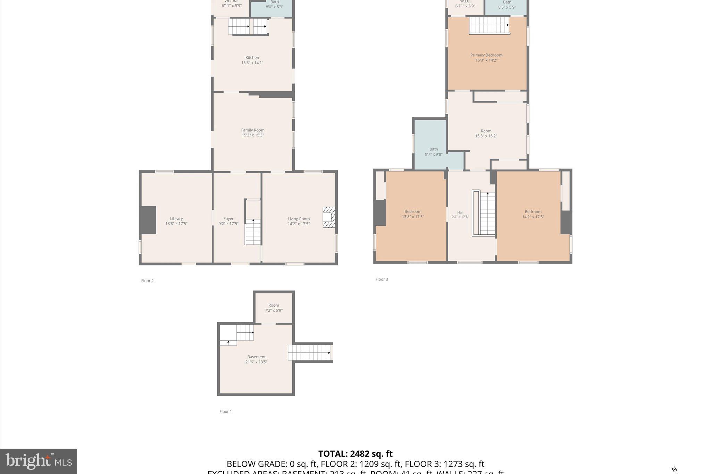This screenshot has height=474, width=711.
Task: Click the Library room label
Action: click(x=176, y=219)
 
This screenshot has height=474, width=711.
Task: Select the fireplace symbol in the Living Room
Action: click(x=329, y=217)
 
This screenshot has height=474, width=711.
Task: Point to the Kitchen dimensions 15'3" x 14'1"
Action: click(x=252, y=63)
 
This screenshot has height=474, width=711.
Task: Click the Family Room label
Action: click(x=253, y=130)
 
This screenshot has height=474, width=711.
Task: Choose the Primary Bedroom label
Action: click(x=486, y=55)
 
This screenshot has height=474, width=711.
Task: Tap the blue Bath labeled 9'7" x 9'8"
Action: click(x=434, y=152)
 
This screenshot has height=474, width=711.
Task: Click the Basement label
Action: click(x=256, y=357)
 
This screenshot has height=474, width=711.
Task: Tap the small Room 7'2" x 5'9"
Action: click(x=274, y=308)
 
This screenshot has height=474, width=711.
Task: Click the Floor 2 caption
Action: click(x=147, y=281)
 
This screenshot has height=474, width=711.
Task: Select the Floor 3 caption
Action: click(x=382, y=279)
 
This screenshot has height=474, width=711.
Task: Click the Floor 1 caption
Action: click(x=225, y=411)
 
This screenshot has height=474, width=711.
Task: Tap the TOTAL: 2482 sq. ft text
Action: click(x=355, y=454)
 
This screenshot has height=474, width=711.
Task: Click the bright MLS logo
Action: click(x=39, y=461)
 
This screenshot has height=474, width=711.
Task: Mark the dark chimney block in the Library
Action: click(x=148, y=220)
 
